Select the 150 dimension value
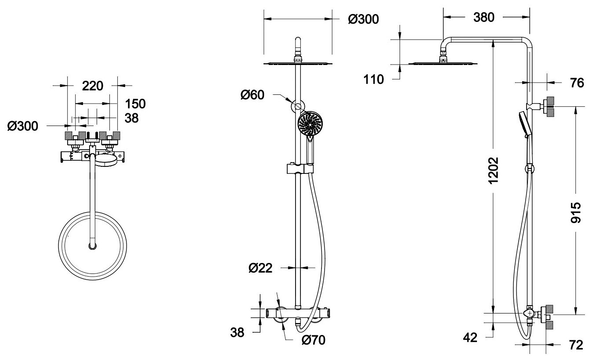(135, 104)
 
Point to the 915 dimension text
(576, 213)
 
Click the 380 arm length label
(484, 17)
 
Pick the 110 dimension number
(374, 79)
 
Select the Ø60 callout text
(253, 94)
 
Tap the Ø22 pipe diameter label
(260, 268)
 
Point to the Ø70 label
(314, 340)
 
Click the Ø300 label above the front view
(363, 19)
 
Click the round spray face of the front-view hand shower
(310, 123)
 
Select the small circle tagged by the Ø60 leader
(299, 106)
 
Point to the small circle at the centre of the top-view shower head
(92, 246)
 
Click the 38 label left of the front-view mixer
(238, 332)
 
